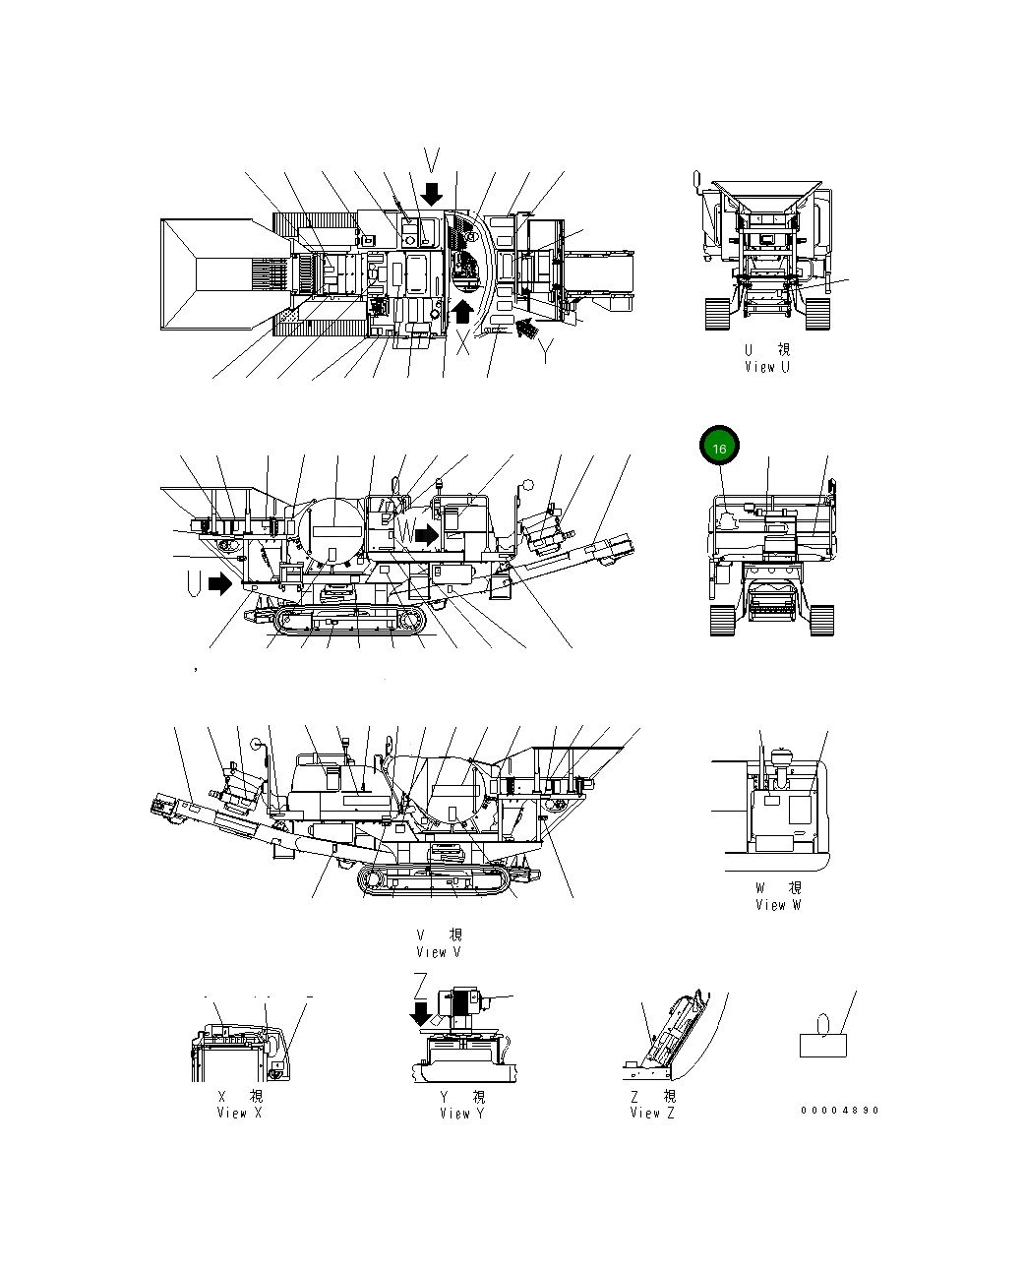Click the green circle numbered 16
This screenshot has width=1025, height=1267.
coord(719,448)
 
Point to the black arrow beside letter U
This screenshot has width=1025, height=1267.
coord(221,584)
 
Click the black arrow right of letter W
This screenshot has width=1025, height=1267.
coord(427,534)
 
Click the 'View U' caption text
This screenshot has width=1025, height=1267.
coord(766,367)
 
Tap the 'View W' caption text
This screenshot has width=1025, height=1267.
coord(778,905)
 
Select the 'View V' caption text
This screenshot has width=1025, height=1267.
coord(439,951)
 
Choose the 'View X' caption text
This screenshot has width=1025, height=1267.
coord(239,1113)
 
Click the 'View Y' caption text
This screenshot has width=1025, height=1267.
coord(462,1114)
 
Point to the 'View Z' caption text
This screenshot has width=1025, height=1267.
coord(652,1113)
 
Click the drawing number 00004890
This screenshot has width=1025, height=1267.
coord(839,1111)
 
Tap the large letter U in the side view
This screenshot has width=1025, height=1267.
coord(195,584)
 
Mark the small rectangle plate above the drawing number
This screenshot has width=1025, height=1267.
coord(823,1045)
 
